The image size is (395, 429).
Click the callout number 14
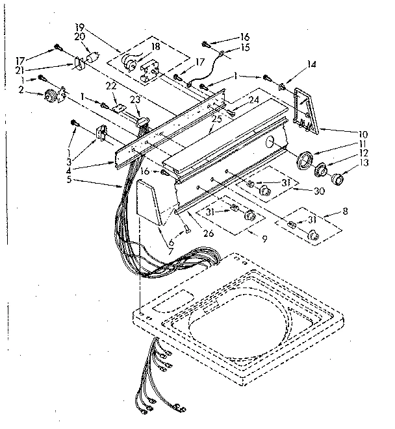coord(312,64)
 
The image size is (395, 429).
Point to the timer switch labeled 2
coord(50,97)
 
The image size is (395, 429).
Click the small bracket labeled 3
coord(101,134)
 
